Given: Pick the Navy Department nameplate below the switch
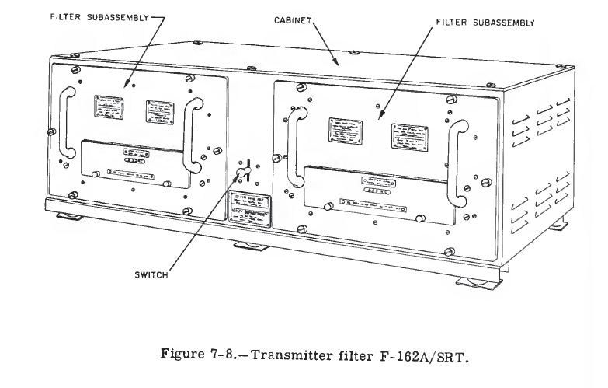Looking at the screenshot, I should [x=249, y=208].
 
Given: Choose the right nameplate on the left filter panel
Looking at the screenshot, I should [x=159, y=113].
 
